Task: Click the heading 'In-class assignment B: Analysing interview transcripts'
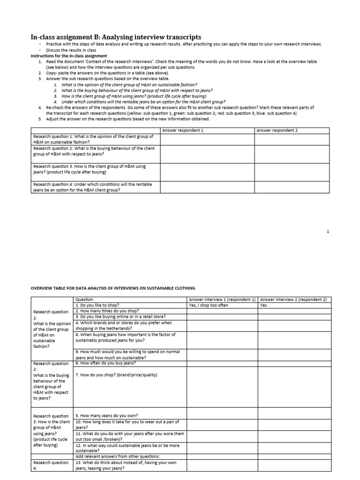click(x=116, y=37)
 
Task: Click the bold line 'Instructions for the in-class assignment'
click(x=68, y=56)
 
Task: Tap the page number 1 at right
click(x=328, y=231)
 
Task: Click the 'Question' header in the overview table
click(x=84, y=300)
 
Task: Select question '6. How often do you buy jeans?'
click(x=105, y=363)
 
